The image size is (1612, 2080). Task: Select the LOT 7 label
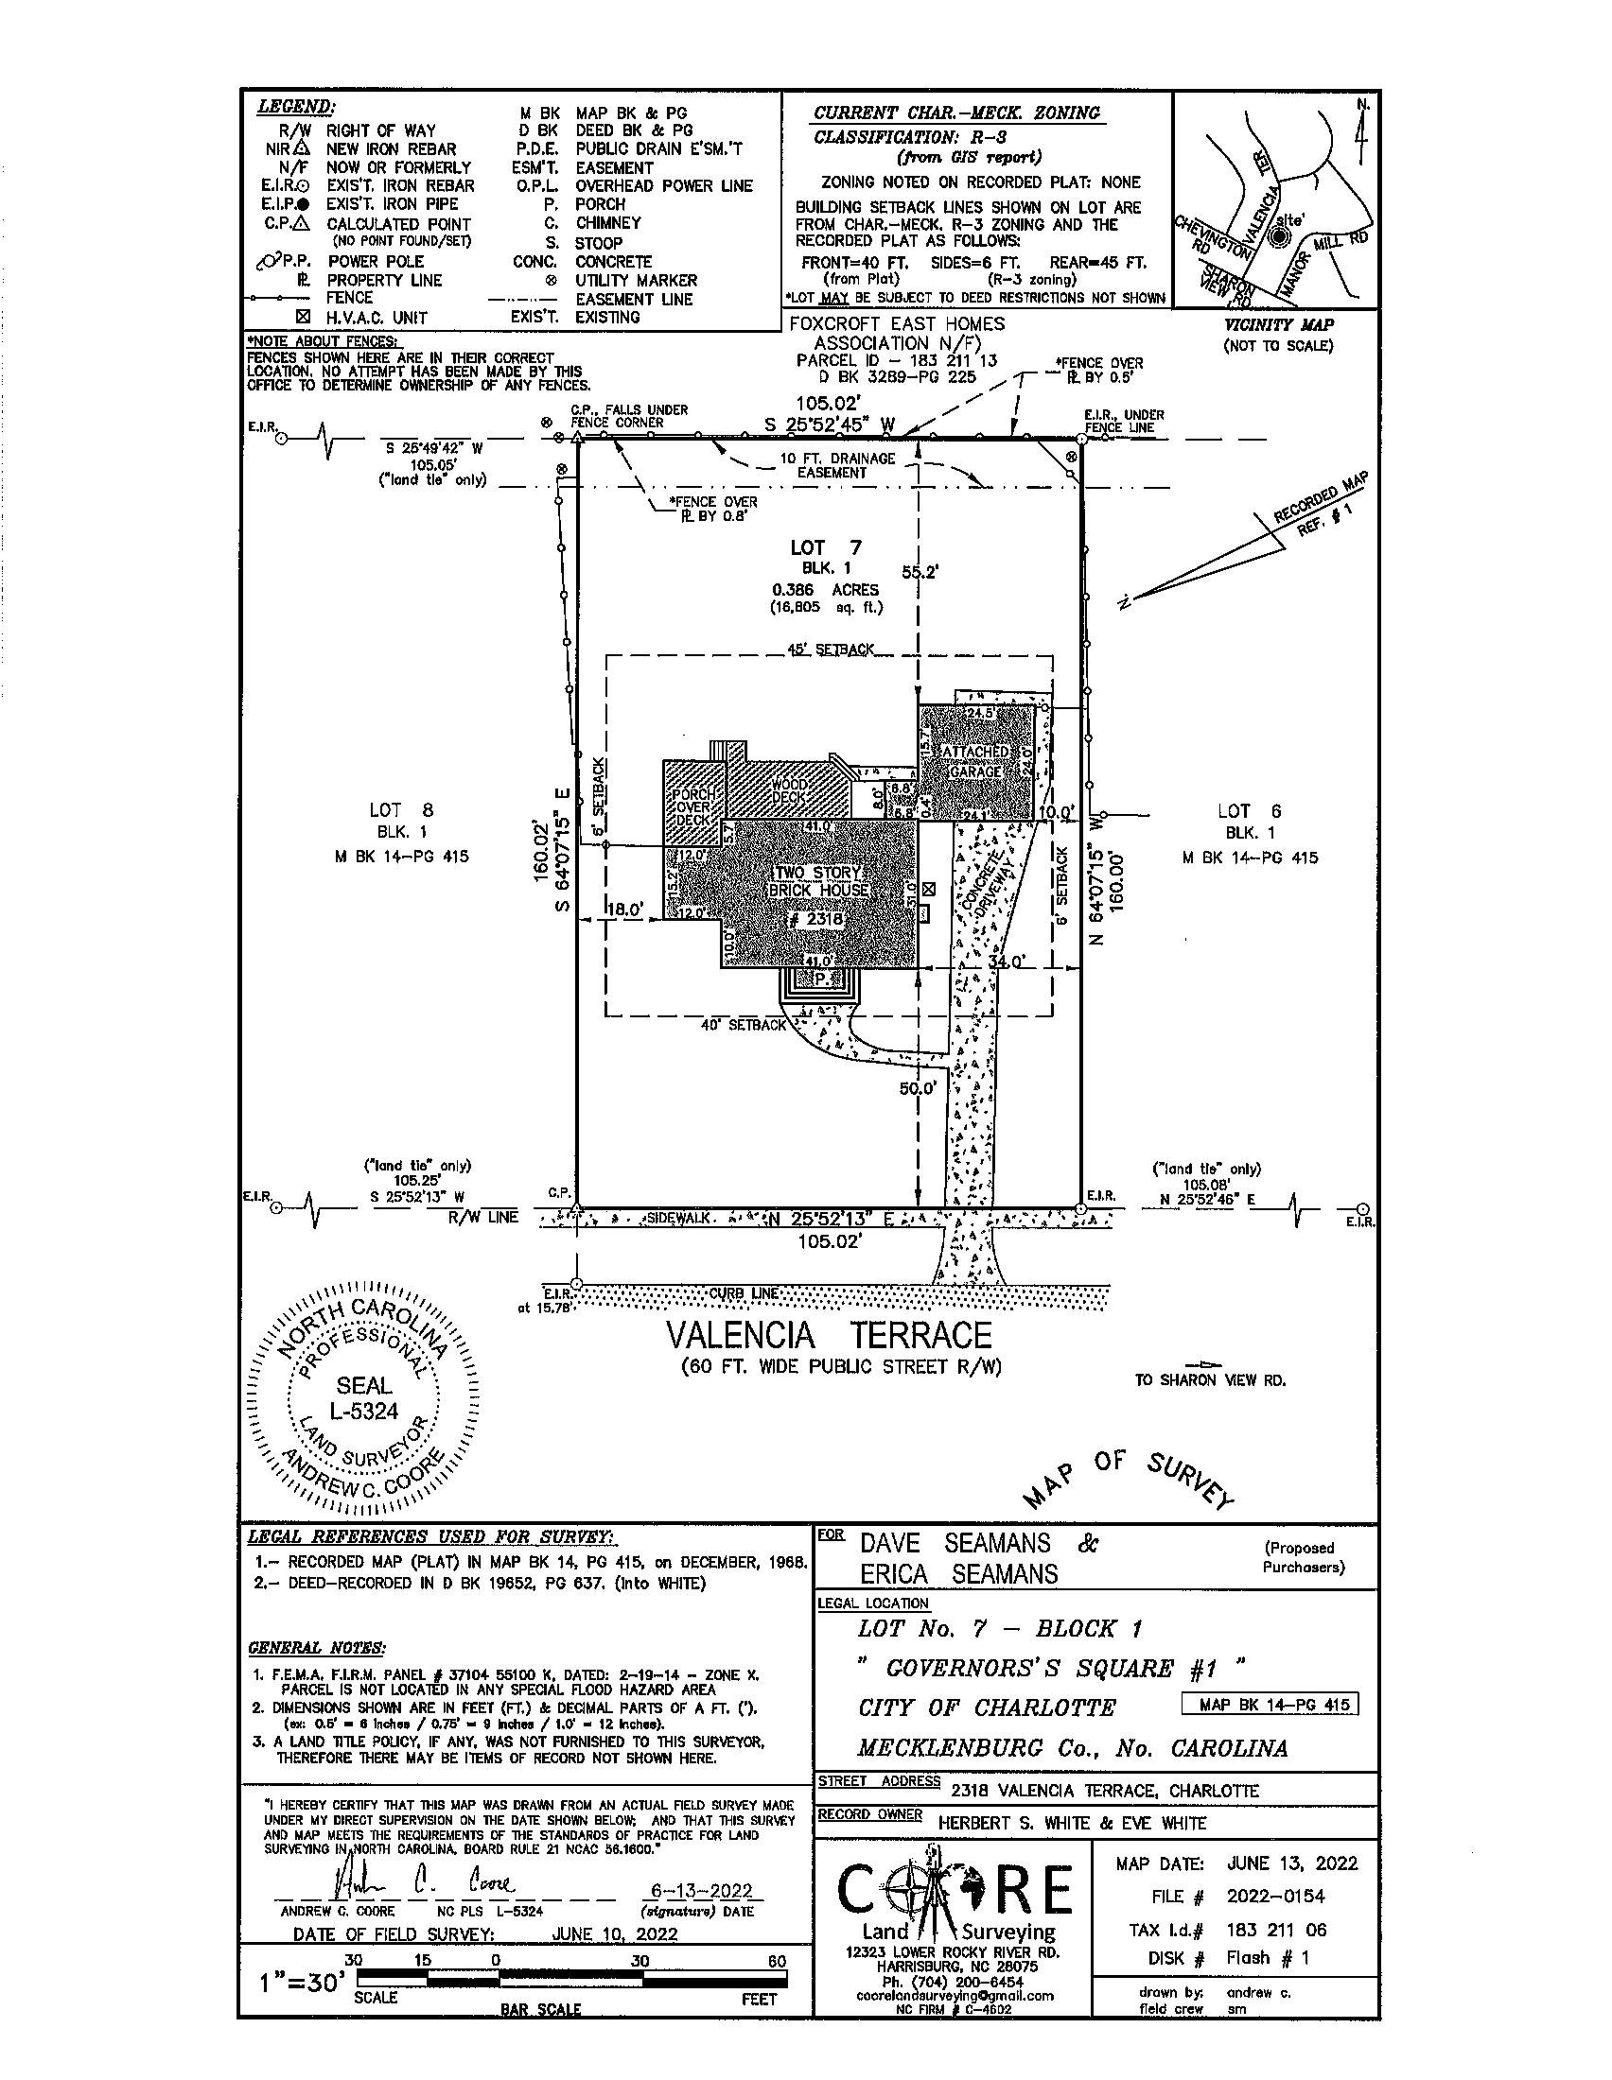(x=825, y=547)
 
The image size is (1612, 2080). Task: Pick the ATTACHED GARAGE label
(x=974, y=761)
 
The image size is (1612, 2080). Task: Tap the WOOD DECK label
(x=790, y=789)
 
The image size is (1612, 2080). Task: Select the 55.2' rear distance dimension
(x=920, y=572)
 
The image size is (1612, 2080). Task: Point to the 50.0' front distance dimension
(x=919, y=1087)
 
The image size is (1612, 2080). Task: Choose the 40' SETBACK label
(x=745, y=1025)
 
